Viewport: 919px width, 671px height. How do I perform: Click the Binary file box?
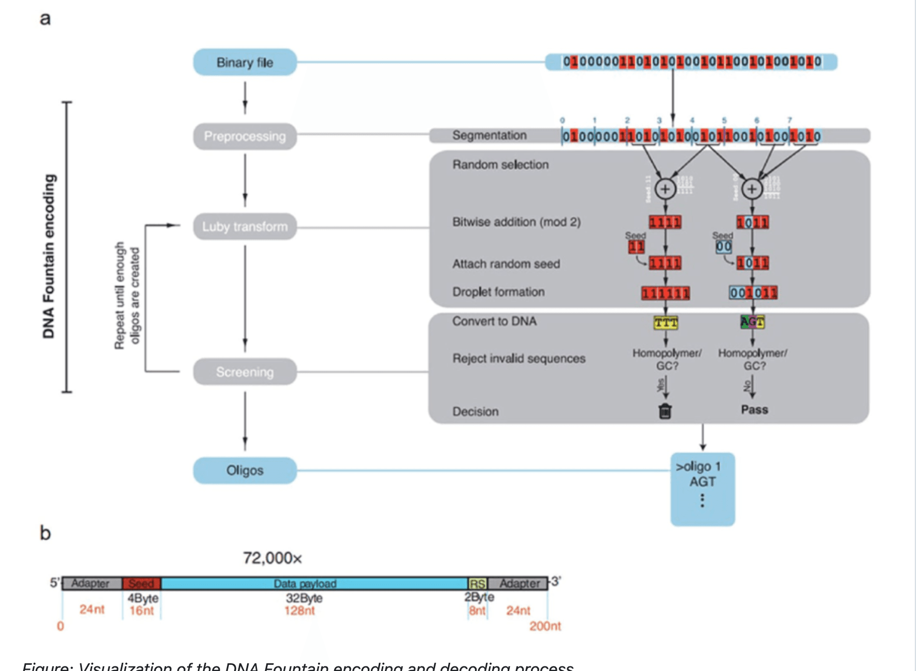(245, 63)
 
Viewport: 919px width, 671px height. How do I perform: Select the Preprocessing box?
(245, 136)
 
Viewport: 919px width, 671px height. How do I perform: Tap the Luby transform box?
(245, 227)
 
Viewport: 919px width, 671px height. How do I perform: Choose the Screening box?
(245, 372)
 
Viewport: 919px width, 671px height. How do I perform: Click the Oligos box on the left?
(245, 470)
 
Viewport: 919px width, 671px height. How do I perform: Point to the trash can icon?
(665, 411)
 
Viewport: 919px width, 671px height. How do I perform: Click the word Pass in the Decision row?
(754, 410)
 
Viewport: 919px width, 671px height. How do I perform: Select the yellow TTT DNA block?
(666, 323)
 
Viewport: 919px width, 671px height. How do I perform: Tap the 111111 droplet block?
(666, 294)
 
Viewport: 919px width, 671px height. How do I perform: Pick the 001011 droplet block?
(753, 293)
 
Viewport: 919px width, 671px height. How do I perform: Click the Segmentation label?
(489, 135)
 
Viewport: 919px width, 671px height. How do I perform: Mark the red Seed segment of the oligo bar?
(141, 584)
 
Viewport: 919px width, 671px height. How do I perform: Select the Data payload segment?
(305, 584)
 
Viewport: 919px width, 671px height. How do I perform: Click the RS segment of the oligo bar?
(477, 584)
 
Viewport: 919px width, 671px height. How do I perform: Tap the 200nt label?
(545, 626)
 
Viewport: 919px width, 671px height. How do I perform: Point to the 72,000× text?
(272, 558)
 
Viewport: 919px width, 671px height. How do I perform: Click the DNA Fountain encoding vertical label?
(49, 256)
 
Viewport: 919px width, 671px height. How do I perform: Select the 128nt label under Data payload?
(299, 610)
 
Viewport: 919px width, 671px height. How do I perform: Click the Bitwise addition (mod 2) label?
(516, 222)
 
